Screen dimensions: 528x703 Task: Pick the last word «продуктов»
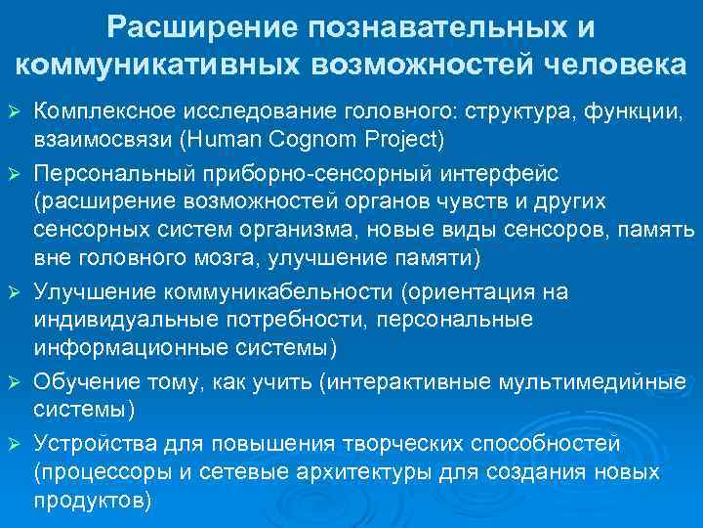(x=91, y=500)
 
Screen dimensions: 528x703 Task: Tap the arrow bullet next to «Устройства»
(x=15, y=445)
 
